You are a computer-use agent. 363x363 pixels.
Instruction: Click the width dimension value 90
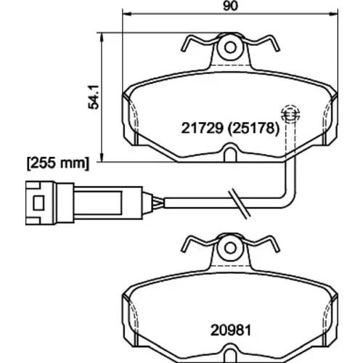click(x=230, y=6)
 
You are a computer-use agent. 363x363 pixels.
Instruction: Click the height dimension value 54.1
click(x=94, y=97)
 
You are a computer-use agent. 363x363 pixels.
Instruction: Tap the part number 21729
click(x=202, y=128)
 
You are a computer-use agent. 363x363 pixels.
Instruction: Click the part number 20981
click(x=231, y=330)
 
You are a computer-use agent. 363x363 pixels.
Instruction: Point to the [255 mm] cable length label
click(x=58, y=163)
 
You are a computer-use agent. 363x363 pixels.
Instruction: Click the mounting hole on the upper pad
click(x=230, y=48)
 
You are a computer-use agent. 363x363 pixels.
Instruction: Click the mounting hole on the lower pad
click(x=230, y=248)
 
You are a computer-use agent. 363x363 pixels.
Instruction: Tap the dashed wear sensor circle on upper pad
click(x=290, y=114)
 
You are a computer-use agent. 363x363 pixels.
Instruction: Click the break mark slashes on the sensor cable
click(x=239, y=203)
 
